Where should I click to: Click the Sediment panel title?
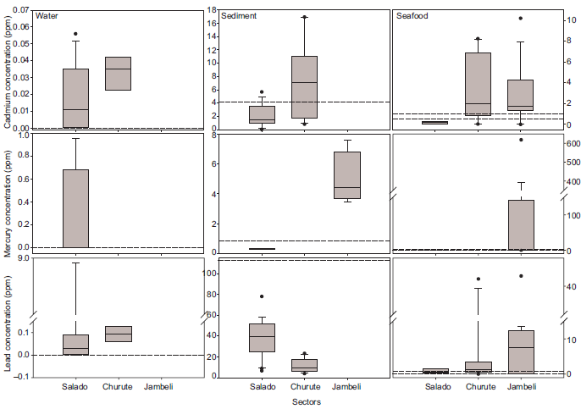[236, 16]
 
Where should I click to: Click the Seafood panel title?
[412, 16]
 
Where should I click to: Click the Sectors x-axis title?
[306, 401]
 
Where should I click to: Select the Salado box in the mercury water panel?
[75, 208]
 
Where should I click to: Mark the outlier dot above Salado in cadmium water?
[75, 34]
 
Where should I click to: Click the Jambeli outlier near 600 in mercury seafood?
[520, 140]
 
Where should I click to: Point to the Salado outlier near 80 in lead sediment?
[262, 296]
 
